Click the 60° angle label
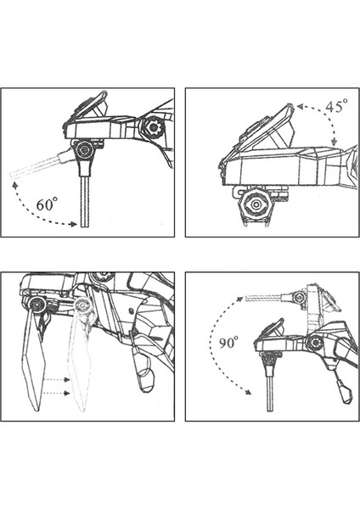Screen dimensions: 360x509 47,204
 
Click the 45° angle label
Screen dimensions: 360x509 336,106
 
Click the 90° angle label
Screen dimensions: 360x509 228,343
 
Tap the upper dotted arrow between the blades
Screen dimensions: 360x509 57,379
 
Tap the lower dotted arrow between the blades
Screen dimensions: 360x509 57,393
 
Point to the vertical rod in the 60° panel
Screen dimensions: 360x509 84,201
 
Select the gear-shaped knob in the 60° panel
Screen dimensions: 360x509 152,128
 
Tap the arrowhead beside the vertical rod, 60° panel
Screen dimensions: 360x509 75,224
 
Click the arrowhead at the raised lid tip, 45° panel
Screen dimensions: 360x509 300,106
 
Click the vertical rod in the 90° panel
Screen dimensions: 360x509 270,393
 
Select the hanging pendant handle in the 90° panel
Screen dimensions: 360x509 345,392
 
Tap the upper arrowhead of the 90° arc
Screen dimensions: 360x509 239,299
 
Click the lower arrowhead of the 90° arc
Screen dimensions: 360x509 248,392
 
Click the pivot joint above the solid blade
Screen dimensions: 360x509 36,305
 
